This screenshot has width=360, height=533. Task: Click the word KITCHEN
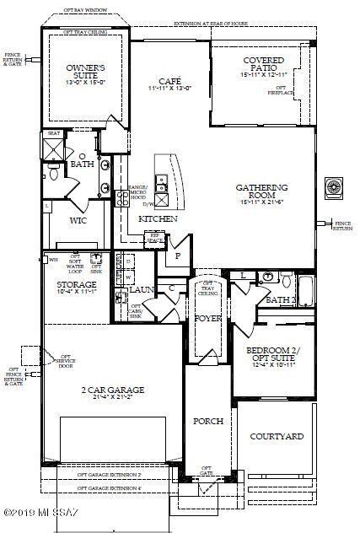[x=158, y=218]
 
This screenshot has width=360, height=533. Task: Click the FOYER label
[x=207, y=318]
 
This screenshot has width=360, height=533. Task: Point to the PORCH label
[x=207, y=421]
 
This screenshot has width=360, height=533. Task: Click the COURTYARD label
[x=277, y=437]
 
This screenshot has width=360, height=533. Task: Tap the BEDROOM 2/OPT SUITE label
[x=273, y=353]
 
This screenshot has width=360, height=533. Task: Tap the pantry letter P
[x=178, y=256]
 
